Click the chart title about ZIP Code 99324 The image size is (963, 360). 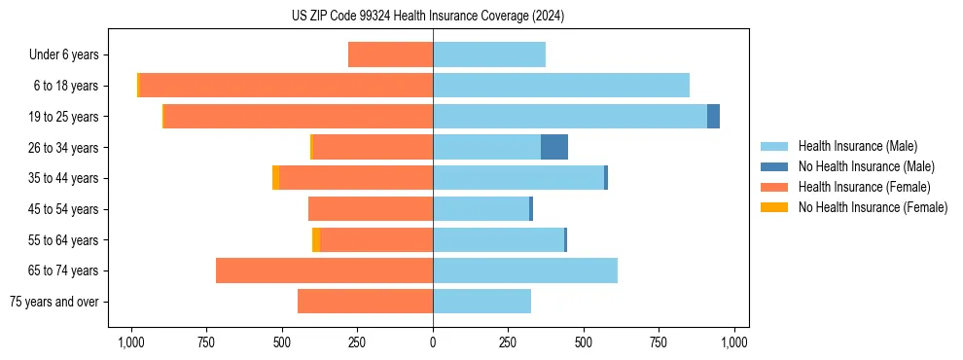tap(428, 17)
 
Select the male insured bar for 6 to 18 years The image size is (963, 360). tap(561, 86)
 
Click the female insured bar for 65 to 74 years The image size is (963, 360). tap(324, 270)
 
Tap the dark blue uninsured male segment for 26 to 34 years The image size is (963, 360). tap(554, 147)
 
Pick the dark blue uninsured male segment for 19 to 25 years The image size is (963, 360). tap(713, 117)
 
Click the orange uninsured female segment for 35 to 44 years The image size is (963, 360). tap(275, 178)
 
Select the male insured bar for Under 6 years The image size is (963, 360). tap(489, 54)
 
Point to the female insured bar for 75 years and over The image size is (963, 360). tap(365, 302)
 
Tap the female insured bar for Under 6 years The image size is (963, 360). tap(390, 54)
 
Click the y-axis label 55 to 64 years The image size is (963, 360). tap(66, 240)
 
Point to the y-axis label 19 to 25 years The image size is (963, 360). tap(66, 117)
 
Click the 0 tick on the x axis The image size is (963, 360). tap(433, 342)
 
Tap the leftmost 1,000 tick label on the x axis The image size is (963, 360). tap(131, 342)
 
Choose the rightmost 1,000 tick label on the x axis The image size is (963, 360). tap(734, 342)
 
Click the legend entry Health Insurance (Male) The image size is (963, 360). tap(857, 146)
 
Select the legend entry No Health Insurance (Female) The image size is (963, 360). tap(873, 207)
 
